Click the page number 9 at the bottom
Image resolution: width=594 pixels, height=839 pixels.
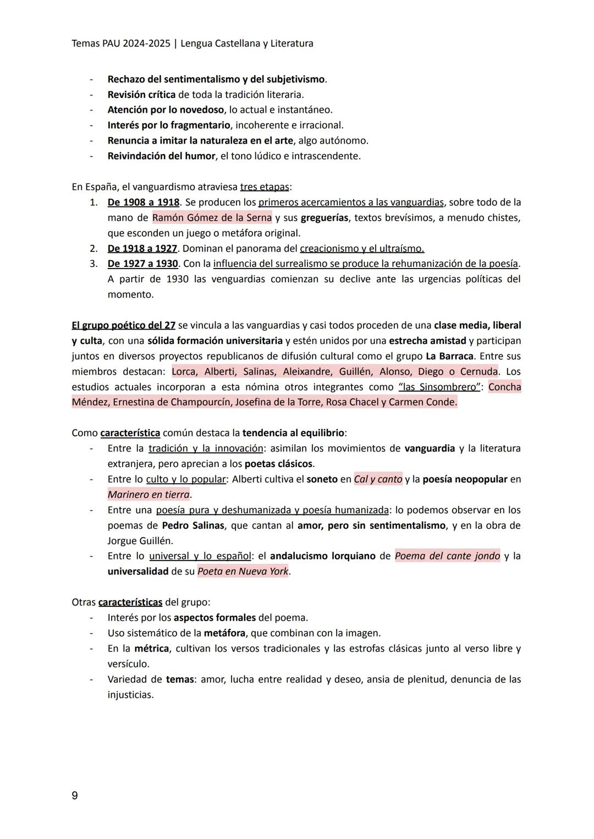coord(75,796)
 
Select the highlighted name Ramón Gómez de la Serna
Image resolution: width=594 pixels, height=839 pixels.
coord(212,218)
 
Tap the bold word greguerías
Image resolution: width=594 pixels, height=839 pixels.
coord(324,218)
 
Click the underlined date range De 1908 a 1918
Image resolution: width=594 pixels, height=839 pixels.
coord(143,202)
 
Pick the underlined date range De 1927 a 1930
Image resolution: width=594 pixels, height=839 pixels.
coord(142,264)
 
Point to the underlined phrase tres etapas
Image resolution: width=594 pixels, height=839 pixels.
coord(265,187)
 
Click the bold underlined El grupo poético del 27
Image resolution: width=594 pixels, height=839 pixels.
coord(123,326)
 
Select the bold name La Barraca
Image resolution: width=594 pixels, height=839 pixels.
coord(449,357)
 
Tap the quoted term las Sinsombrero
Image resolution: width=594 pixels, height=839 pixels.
coord(439,387)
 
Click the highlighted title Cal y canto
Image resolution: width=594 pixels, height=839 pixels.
coord(378,479)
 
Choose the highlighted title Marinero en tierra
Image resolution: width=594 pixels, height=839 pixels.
coord(148,495)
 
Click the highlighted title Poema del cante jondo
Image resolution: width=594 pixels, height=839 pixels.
coord(447,556)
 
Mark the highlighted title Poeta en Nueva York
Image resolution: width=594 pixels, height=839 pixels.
coord(243,572)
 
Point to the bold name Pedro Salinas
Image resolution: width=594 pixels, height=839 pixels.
coord(193,525)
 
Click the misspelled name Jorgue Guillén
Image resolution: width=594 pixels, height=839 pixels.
coord(140,541)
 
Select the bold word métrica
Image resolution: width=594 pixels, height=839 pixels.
coord(151,649)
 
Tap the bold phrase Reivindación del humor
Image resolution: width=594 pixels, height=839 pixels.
coord(161,156)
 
